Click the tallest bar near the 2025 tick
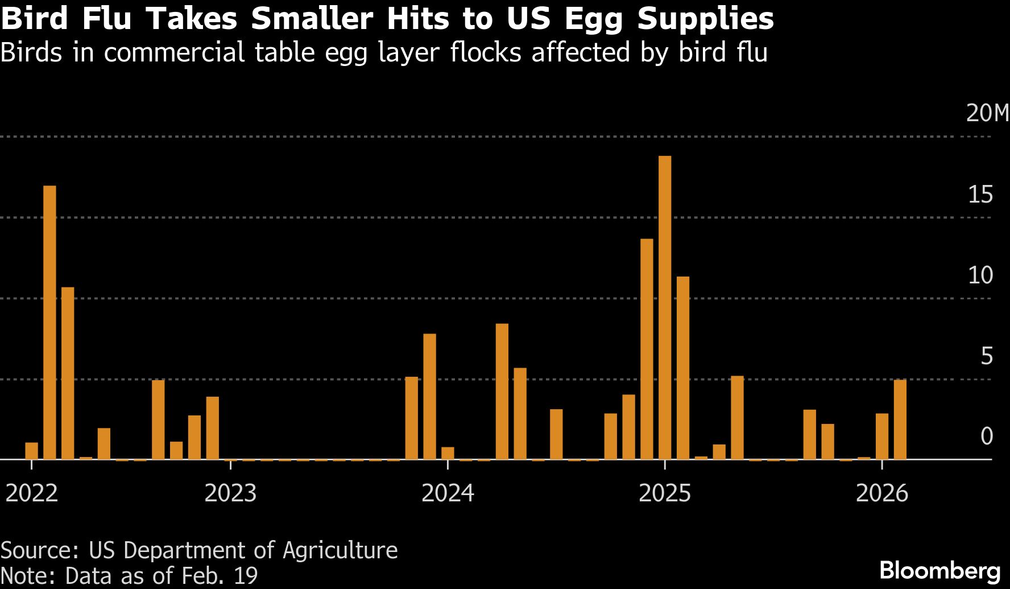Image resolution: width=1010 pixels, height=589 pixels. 664,307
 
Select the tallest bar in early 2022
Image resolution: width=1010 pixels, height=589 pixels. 49,322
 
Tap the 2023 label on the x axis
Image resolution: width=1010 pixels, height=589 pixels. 230,493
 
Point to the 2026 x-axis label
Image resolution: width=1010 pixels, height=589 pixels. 881,493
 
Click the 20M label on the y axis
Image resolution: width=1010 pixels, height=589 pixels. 987,113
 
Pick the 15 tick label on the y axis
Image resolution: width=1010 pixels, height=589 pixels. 980,195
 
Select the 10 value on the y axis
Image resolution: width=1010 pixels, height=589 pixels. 980,275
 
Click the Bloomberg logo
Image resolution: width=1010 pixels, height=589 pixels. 939,571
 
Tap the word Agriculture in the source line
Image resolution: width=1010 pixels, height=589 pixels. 340,550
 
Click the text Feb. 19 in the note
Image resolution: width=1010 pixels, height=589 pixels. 219,576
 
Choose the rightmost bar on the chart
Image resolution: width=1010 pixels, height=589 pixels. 900,419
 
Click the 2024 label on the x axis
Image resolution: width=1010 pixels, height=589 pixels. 448,493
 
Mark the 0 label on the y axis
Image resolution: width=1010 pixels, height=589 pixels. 987,436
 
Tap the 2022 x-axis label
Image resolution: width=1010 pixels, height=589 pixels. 32,493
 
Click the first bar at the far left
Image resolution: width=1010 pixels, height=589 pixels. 31,451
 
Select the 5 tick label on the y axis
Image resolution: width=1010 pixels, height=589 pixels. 987,356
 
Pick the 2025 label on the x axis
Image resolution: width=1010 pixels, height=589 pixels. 664,493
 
